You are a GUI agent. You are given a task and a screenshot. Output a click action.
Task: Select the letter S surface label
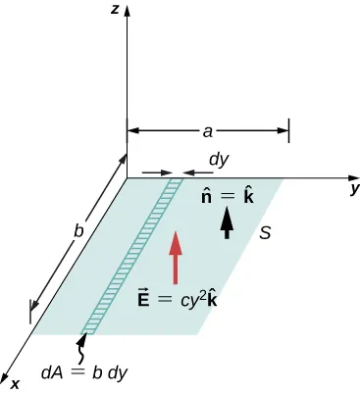pyautogui.click(x=265, y=233)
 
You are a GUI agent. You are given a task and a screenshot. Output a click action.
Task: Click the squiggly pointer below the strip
pyautogui.click(x=82, y=347)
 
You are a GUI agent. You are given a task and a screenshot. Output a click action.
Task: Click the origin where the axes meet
pyautogui.click(x=127, y=178)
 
